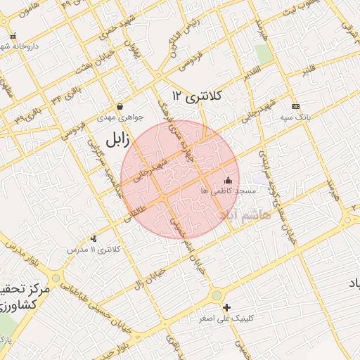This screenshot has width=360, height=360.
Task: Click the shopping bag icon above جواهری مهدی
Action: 120,107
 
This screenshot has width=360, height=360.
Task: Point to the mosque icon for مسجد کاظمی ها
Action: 227,181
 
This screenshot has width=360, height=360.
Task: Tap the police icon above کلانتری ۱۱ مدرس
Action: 94,239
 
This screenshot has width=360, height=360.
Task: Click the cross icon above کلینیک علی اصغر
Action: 226,307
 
